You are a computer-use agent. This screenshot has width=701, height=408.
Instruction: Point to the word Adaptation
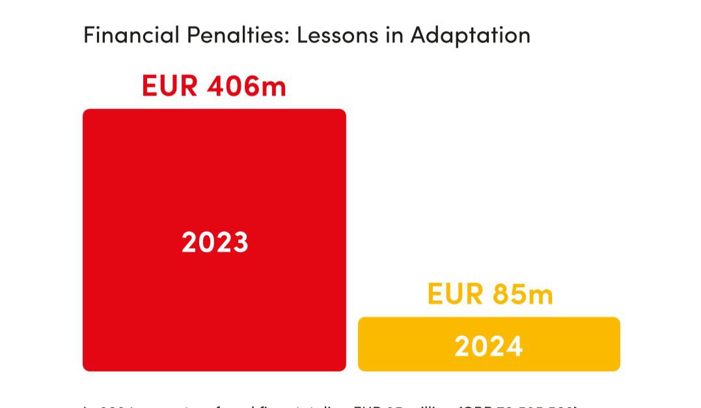pos(470,35)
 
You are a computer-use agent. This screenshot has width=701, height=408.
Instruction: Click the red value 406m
pos(247,86)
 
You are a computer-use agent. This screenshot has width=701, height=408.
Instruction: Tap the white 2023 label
pos(215,242)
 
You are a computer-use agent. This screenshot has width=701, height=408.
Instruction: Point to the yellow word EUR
pos(455,294)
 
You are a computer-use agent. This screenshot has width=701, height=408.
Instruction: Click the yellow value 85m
pos(523,294)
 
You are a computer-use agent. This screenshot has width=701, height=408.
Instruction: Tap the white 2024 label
pos(489,346)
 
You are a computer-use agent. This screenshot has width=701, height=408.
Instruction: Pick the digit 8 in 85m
pos(501,294)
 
